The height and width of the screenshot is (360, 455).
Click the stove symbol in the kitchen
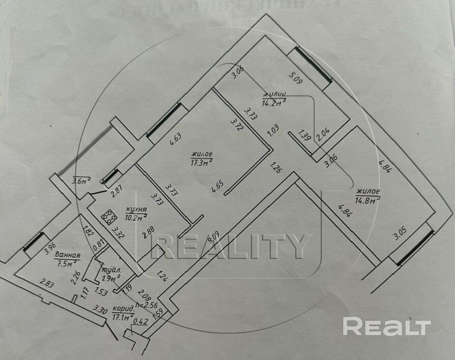108,218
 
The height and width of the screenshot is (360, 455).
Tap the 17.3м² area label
201,162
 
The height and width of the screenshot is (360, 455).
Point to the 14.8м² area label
368,200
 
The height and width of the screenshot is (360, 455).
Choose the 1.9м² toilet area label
110,278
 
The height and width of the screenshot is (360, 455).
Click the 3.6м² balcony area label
81,180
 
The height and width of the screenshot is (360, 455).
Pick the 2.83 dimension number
48,284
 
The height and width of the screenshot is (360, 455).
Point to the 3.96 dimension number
48,248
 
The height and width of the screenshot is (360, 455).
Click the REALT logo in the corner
386,326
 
